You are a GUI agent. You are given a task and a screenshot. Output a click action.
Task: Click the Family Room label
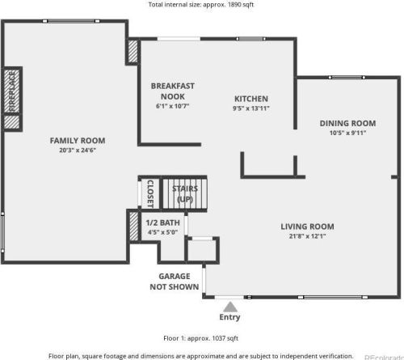tap(78, 141)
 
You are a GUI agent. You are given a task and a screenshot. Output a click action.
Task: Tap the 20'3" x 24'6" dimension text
tap(78, 150)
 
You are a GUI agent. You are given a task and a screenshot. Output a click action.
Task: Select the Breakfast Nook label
tap(173, 91)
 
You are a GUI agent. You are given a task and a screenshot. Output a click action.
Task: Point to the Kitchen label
tap(251, 99)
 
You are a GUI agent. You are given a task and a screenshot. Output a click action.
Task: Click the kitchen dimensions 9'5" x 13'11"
tap(251, 108)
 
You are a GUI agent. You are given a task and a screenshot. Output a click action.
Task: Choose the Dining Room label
tap(347, 123)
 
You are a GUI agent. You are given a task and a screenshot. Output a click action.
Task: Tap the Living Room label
tap(307, 227)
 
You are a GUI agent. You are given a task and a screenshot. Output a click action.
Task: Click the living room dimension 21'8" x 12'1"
tap(307, 236)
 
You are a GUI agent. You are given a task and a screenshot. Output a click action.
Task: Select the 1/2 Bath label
tap(162, 222)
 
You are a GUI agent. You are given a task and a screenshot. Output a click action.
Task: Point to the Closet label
tap(150, 193)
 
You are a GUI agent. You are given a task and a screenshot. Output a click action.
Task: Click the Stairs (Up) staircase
tap(185, 193)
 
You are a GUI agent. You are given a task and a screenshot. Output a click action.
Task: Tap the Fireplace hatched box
tap(12, 91)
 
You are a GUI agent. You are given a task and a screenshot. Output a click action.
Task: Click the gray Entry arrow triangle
tap(230, 307)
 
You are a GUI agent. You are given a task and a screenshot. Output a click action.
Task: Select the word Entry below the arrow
tap(229, 317)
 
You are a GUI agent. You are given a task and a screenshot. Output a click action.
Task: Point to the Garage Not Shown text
tap(175, 282)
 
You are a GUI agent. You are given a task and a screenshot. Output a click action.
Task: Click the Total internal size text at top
tap(201, 5)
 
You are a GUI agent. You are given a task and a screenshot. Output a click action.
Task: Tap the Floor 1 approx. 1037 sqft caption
tap(201, 338)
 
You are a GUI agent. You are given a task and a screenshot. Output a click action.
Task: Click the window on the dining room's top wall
tap(347, 78)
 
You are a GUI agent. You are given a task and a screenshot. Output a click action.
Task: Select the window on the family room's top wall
tap(71, 21)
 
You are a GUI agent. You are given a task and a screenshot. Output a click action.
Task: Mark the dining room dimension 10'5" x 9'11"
tap(347, 133)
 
